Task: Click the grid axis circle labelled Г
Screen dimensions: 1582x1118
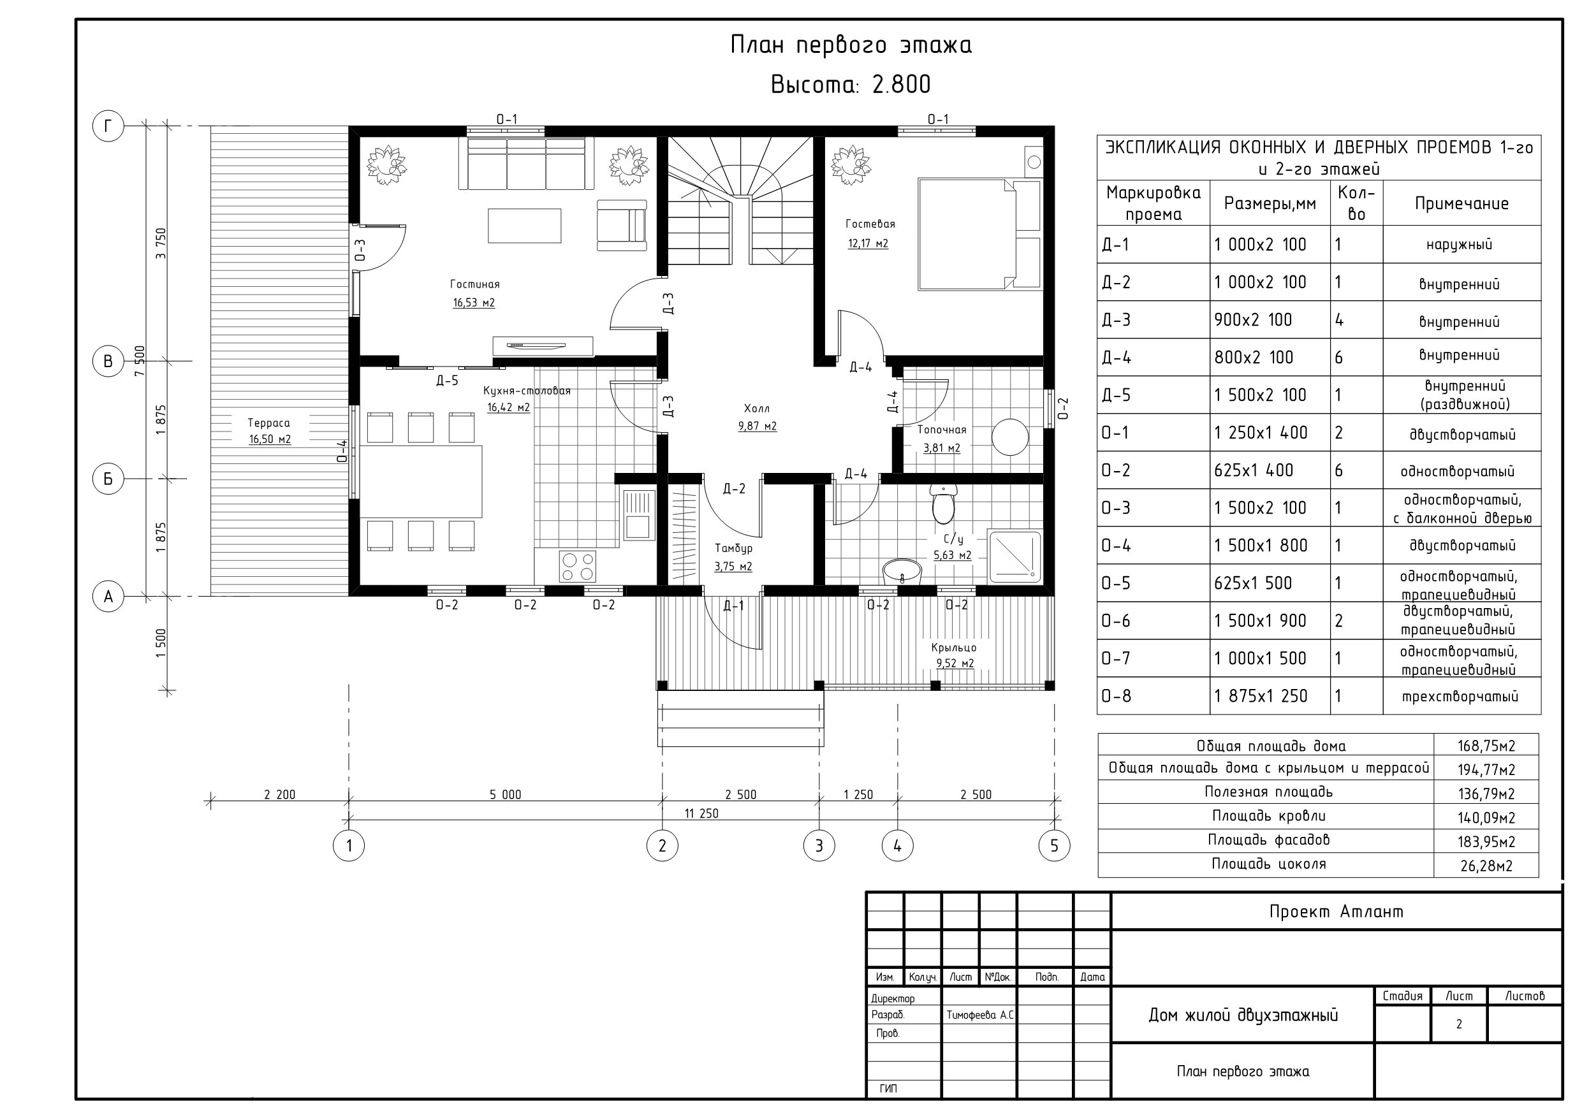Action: tap(108, 126)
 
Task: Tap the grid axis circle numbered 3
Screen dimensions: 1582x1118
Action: tap(819, 845)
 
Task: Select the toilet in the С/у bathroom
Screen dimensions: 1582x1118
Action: tap(942, 504)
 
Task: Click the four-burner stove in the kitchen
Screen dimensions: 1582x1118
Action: tap(578, 566)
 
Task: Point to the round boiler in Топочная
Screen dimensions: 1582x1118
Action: tap(1010, 437)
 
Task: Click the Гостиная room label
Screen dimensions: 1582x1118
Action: tap(475, 284)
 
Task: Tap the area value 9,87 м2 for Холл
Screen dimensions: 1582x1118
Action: tap(758, 426)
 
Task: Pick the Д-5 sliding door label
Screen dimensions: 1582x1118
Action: tap(447, 381)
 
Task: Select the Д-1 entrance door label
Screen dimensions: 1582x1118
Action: tap(734, 606)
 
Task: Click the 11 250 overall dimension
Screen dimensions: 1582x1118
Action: tap(701, 813)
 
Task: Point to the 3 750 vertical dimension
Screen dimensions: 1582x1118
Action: tap(161, 243)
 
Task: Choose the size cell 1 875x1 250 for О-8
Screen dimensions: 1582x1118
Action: tap(1260, 697)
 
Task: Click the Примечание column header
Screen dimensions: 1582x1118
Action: tap(1461, 203)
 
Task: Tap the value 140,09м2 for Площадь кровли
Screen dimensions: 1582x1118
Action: tap(1486, 818)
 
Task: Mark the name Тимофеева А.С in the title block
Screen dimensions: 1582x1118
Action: tap(980, 1015)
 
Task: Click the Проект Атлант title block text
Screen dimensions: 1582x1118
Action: tap(1336, 911)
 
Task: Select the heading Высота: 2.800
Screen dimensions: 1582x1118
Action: tap(850, 85)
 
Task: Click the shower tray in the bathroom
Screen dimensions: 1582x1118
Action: tap(1015, 556)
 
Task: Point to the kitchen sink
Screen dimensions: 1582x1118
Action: tap(638, 514)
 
